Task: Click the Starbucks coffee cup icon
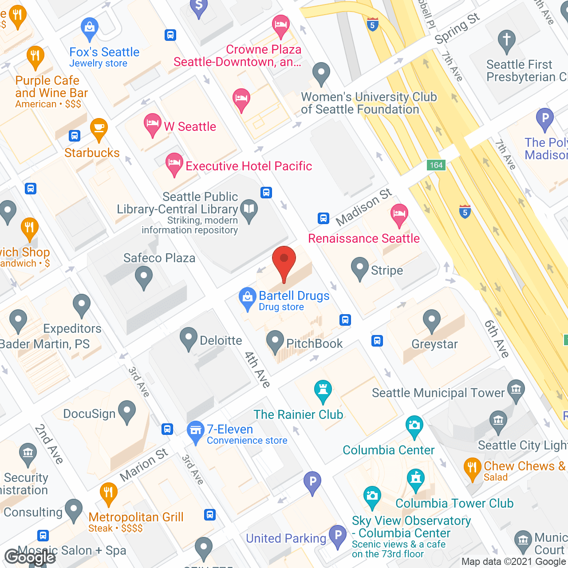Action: click(99, 129)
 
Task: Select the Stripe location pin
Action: click(359, 268)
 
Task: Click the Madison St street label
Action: click(364, 207)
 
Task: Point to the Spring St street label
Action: click(457, 28)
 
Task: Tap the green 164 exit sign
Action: click(436, 165)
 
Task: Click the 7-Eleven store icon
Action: click(195, 431)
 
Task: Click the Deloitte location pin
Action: click(189, 338)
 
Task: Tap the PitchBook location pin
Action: click(275, 341)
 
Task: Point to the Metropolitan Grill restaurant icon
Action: click(108, 492)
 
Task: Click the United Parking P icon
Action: click(338, 535)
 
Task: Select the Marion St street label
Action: click(144, 465)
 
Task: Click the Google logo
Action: click(30, 557)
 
